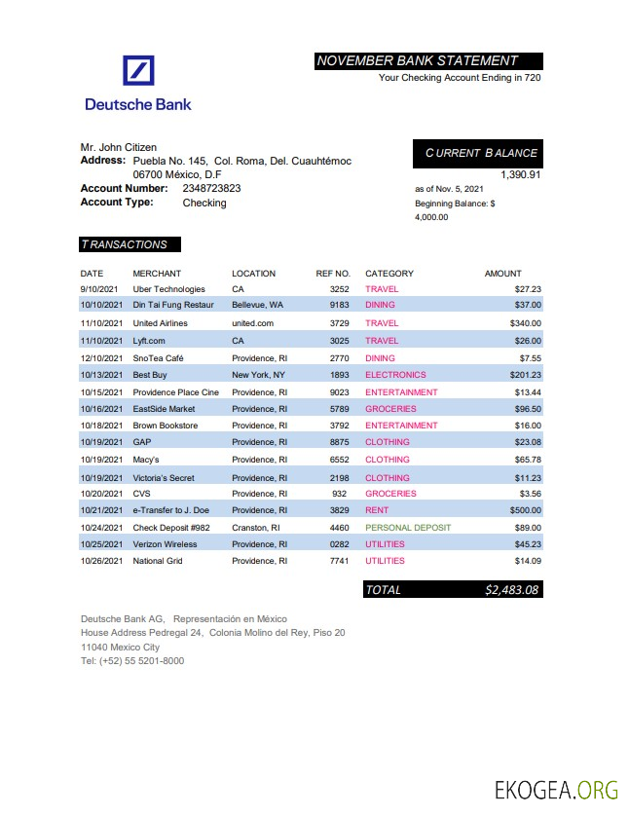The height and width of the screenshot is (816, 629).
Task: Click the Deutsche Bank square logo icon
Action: coord(138,71)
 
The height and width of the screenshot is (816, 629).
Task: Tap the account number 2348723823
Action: coord(211,188)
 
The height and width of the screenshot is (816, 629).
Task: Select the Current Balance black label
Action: coord(480,153)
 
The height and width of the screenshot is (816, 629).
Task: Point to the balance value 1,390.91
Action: coord(520,174)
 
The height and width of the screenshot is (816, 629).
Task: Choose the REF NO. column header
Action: coord(333,274)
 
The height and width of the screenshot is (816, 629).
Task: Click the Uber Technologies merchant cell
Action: coord(168,289)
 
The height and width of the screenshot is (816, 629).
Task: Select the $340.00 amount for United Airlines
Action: coord(525,323)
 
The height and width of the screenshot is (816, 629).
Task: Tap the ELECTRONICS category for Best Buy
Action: coord(395,375)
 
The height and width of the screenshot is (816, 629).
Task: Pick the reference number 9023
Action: coord(339,392)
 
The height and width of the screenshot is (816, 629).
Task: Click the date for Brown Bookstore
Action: coord(101,426)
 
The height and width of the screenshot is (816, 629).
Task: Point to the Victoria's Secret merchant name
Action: coord(164,478)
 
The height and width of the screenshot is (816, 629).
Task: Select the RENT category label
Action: coord(377,510)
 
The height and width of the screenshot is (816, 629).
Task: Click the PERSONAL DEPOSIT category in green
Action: coord(408,528)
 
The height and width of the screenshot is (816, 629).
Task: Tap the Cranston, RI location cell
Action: coord(255,528)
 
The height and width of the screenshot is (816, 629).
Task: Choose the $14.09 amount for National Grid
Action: coord(528,561)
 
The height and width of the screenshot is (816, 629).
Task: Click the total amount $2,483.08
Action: coord(512,589)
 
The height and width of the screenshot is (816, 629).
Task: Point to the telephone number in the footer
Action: coord(132,661)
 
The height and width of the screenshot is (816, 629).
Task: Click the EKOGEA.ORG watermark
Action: coord(556,790)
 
